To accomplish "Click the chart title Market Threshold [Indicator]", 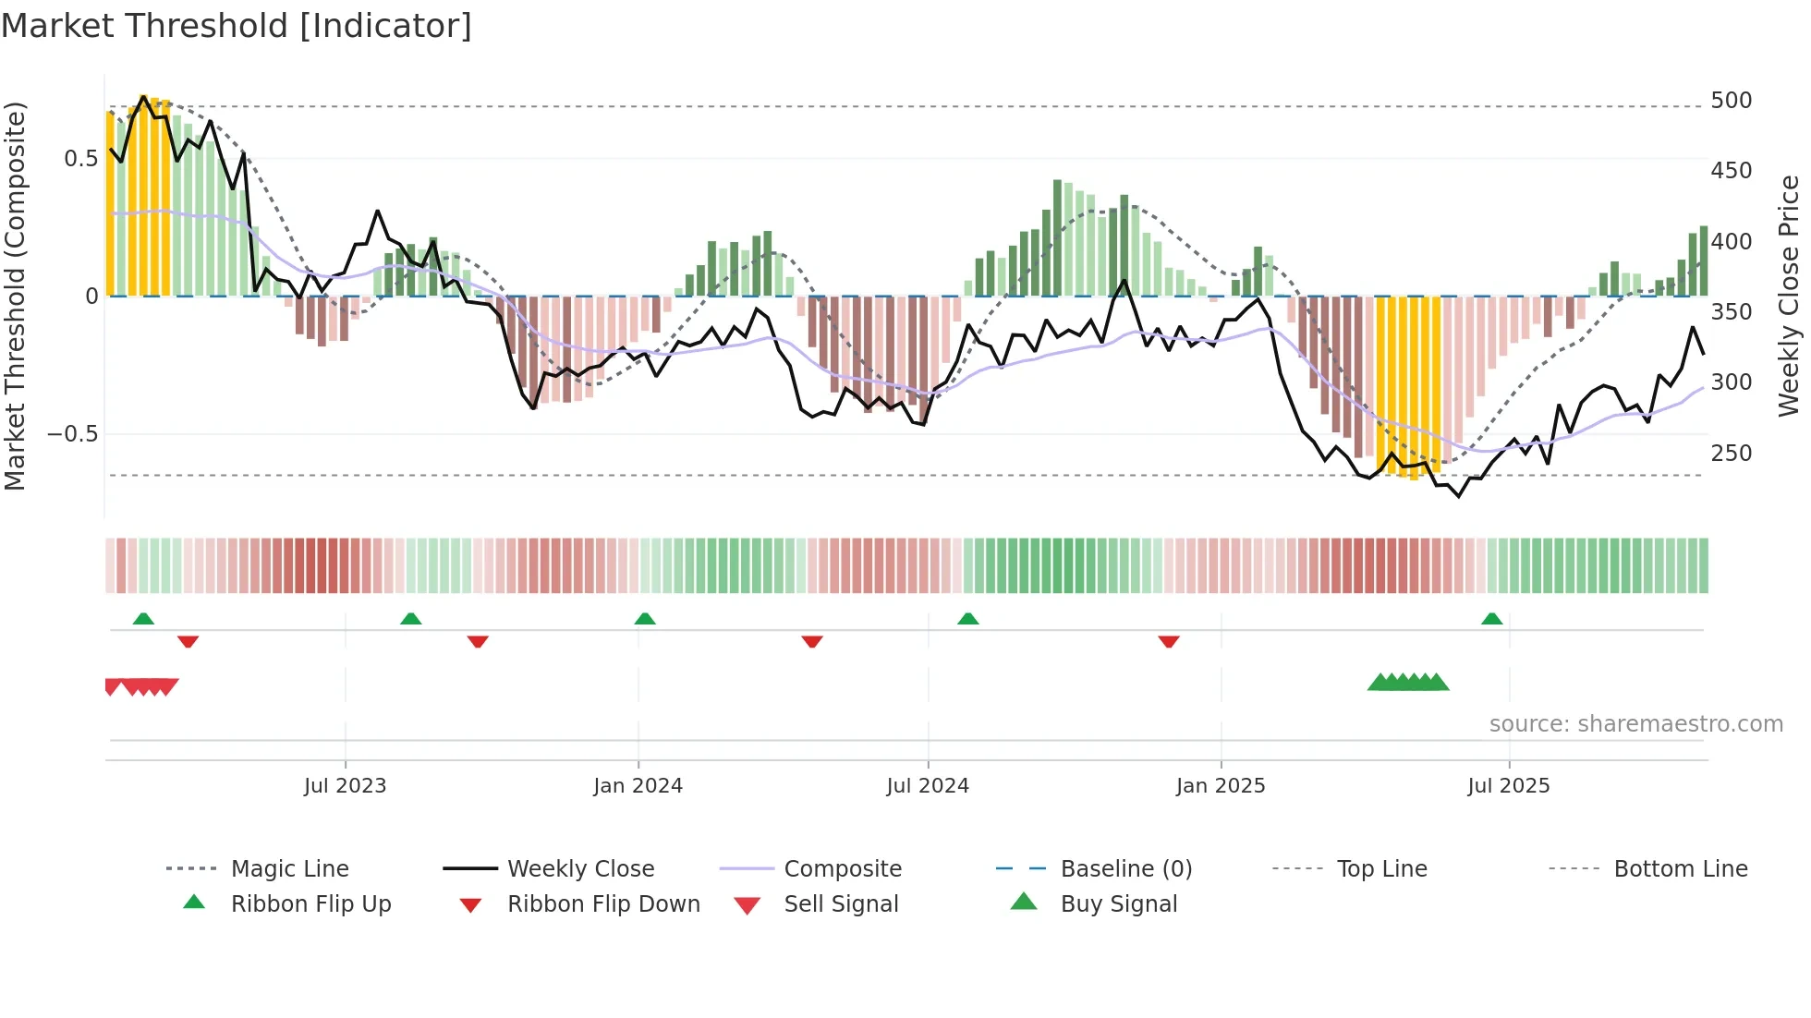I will pos(237,26).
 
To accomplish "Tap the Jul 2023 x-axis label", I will pos(345,786).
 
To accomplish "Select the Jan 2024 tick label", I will pos(638,786).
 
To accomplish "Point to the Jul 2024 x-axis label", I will pos(928,786).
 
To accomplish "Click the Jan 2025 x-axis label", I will pos(1221,786).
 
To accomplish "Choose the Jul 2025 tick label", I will pos(1509,786).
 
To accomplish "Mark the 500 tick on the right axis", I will pos(1731,101).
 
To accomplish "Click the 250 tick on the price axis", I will pos(1731,454).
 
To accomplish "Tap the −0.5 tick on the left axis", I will pos(73,434).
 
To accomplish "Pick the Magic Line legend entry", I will pos(289,869).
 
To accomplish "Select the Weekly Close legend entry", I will pos(580,869).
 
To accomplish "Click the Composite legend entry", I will pos(843,869).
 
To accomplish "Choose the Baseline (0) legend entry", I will pos(1125,869).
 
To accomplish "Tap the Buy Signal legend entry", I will pos(1118,904).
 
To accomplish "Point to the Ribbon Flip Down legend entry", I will pos(603,904).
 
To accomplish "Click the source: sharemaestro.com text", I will pos(1635,724).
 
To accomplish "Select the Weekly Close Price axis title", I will pos(1790,296).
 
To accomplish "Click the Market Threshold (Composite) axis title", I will pos(15,296).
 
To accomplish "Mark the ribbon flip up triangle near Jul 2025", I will pos(1491,619).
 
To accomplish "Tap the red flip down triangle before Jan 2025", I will pos(1168,641).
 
